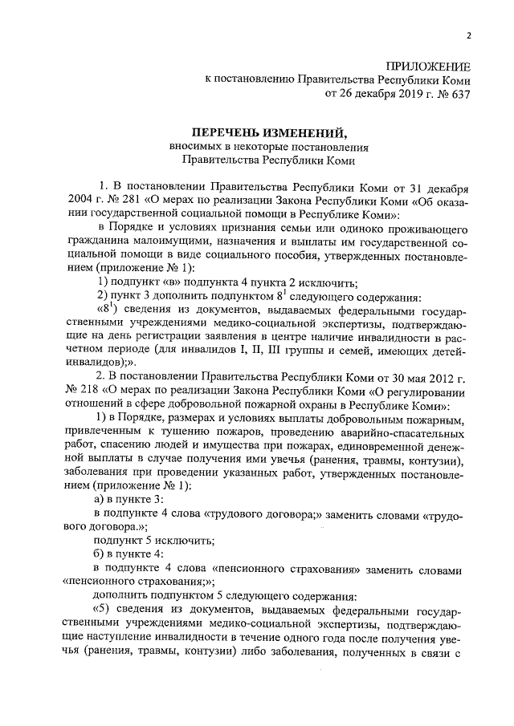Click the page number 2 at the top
point(469,35)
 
